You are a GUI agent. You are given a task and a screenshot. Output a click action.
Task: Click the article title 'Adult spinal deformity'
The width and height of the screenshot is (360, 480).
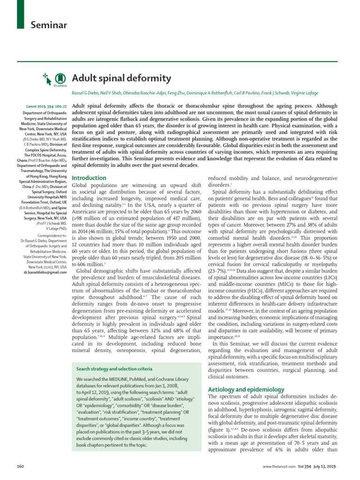coord(121,77)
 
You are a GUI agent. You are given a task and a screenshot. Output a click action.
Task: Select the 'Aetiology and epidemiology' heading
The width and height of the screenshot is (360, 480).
coord(246,390)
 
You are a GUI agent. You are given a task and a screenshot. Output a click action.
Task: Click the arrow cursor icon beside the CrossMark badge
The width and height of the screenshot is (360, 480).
coord(47,76)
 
